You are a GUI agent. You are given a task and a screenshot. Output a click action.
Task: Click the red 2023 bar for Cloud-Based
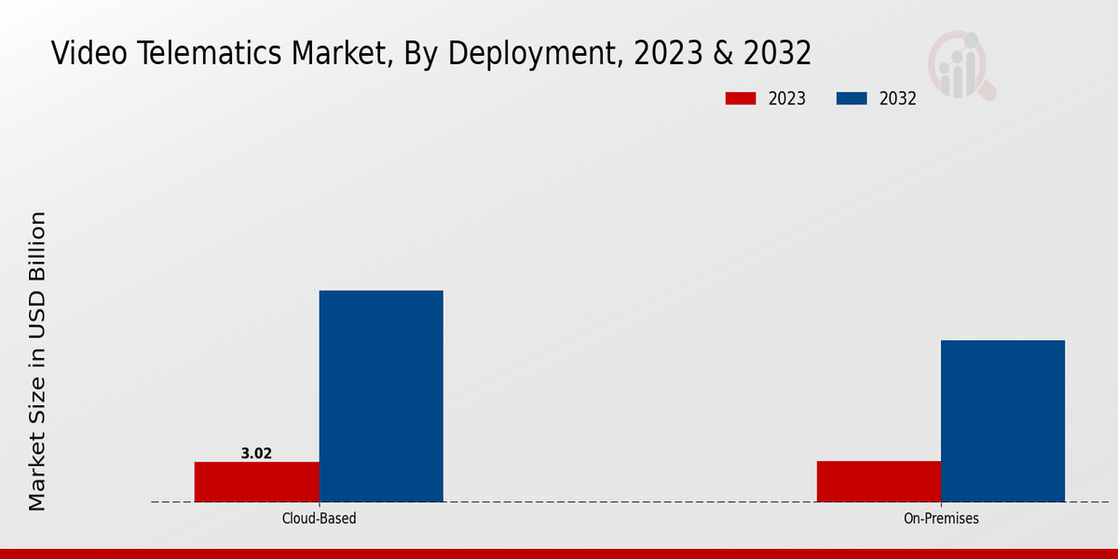point(256,482)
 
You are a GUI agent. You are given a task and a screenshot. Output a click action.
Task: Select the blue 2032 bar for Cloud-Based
point(381,396)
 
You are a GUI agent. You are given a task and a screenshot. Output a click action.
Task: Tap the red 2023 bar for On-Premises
point(879,481)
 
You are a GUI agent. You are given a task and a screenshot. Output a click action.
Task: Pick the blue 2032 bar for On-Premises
point(1002,421)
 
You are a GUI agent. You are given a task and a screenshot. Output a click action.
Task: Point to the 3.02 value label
point(256,454)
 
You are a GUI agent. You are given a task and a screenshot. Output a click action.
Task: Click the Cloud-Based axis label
point(319,518)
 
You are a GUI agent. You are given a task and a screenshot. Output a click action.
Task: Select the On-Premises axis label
point(941,518)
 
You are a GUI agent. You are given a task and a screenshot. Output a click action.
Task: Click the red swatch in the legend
point(740,99)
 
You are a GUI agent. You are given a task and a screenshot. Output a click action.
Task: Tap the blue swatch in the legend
point(852,99)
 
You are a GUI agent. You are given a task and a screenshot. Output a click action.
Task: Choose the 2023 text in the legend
point(786,99)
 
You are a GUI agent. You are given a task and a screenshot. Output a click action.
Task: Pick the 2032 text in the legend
point(897,99)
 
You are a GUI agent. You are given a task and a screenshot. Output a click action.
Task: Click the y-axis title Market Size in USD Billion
point(36,361)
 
